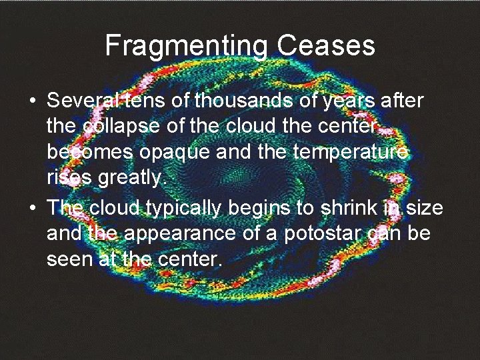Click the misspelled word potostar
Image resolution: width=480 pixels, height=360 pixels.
(306, 233)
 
